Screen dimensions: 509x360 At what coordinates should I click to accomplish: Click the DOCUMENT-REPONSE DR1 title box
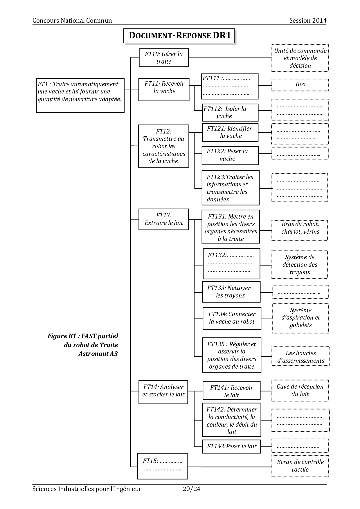click(x=179, y=36)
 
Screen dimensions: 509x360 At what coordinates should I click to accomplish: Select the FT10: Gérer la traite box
click(x=164, y=58)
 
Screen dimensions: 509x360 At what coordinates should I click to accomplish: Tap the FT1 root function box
click(x=80, y=95)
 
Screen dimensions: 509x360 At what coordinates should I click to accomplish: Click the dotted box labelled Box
click(x=300, y=84)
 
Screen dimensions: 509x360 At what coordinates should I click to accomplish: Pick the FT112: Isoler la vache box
click(x=230, y=113)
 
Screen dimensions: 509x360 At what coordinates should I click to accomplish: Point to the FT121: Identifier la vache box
click(x=230, y=132)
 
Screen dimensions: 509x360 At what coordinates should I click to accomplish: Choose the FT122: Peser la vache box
click(x=230, y=155)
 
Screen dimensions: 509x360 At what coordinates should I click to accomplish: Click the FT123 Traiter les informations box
click(x=231, y=188)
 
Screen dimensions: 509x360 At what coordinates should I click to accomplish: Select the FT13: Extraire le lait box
click(x=164, y=219)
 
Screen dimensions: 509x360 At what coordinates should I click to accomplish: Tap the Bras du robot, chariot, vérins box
click(x=300, y=230)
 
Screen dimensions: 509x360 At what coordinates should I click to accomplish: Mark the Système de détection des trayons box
click(x=300, y=265)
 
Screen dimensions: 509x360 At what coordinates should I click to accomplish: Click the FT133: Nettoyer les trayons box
click(x=231, y=292)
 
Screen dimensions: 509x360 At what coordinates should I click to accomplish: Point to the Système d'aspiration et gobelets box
click(x=300, y=318)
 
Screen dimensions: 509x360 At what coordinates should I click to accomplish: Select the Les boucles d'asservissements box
click(x=300, y=357)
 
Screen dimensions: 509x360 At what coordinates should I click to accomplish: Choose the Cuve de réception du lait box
click(x=300, y=391)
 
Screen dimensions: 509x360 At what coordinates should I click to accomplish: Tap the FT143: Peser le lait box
click(x=231, y=446)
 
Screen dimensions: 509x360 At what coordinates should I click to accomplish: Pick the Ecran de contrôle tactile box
click(x=300, y=466)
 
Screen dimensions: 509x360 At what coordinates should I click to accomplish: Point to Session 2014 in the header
click(x=308, y=21)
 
